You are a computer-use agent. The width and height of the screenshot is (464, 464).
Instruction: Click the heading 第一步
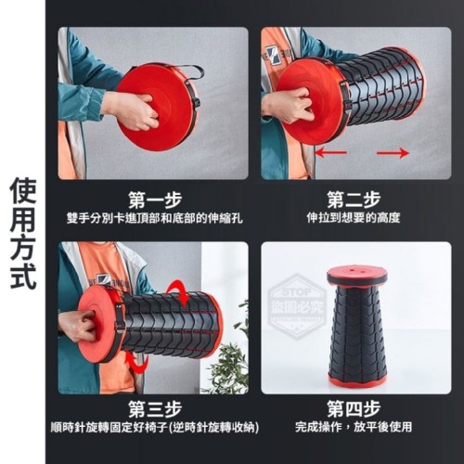click(x=155, y=200)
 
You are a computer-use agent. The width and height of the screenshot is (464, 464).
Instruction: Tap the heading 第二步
click(x=354, y=200)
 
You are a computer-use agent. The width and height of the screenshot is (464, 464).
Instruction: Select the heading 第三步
click(x=155, y=409)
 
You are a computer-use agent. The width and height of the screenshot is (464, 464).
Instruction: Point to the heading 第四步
click(x=354, y=409)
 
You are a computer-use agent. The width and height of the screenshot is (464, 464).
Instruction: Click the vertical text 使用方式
click(x=23, y=234)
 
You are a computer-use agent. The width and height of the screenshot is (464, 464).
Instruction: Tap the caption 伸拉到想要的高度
click(x=354, y=218)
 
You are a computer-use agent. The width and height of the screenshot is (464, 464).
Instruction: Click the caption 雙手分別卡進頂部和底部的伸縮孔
click(x=155, y=218)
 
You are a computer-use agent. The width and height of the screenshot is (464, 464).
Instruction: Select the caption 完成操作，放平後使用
click(x=354, y=427)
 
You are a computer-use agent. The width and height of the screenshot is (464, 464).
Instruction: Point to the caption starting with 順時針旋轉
click(x=155, y=428)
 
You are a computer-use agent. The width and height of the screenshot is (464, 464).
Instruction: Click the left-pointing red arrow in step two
click(x=330, y=152)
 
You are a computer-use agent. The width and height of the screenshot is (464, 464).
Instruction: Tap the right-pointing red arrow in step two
click(x=393, y=152)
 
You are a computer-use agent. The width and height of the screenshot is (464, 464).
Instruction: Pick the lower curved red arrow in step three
click(x=138, y=363)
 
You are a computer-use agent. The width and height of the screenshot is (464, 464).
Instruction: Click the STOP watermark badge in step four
click(x=296, y=306)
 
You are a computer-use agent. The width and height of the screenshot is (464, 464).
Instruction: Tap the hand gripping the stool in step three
click(x=77, y=327)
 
